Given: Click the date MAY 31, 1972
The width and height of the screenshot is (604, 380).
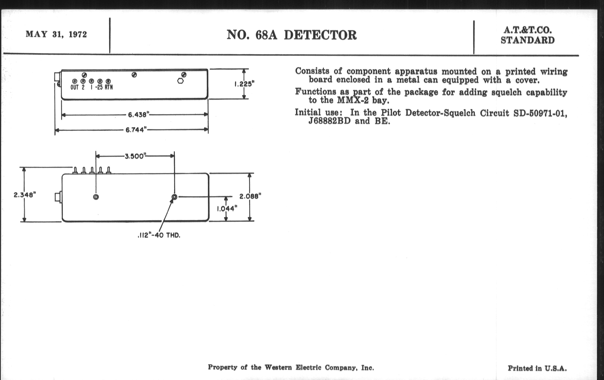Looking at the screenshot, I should point(56,34).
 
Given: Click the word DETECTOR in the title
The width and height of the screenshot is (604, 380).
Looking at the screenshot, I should point(320,35).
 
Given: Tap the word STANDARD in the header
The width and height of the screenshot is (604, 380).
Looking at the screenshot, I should point(528,40).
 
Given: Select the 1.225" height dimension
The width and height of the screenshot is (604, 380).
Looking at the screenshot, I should point(244,84).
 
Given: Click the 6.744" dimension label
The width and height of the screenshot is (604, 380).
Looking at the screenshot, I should point(136,130).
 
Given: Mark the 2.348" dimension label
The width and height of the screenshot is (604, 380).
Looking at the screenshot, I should point(25,195).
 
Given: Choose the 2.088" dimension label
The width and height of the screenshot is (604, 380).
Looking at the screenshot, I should point(250,196).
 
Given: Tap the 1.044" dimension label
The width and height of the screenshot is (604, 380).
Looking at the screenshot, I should point(227,209).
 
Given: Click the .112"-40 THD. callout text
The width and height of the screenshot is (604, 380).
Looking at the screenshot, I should point(159,235).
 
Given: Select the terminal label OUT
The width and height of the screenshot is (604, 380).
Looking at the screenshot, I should point(75,87).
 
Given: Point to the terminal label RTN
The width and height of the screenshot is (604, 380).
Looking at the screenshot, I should point(109,87).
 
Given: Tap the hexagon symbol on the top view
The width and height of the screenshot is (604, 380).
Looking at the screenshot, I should point(180,81).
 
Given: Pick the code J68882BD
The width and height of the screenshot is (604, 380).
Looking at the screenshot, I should point(329,121).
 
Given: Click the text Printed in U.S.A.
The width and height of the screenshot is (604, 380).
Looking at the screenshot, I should point(537,368).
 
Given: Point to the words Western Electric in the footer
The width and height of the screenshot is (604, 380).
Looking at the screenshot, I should point(293,368).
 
